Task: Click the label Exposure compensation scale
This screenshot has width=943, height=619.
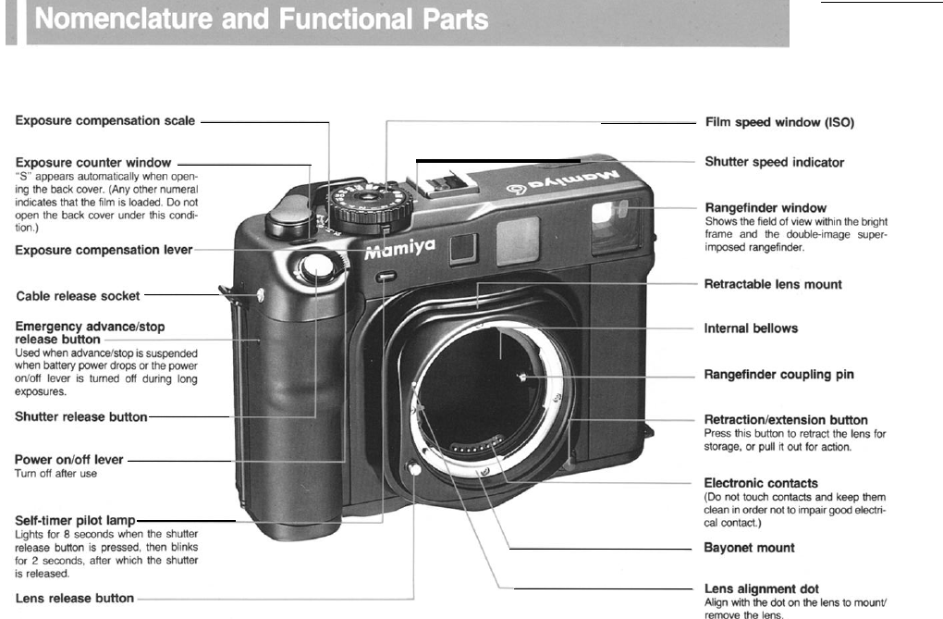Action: (106, 120)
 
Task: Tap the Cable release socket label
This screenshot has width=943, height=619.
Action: (79, 296)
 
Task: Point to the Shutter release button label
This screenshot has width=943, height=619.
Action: (81, 416)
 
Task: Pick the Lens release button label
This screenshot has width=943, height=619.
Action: (75, 598)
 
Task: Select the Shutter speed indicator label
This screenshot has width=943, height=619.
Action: (774, 162)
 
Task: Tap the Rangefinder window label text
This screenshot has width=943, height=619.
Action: (765, 207)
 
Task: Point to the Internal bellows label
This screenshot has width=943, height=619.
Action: (751, 328)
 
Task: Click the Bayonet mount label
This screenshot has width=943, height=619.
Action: (749, 548)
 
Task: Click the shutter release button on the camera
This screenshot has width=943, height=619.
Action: (316, 269)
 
